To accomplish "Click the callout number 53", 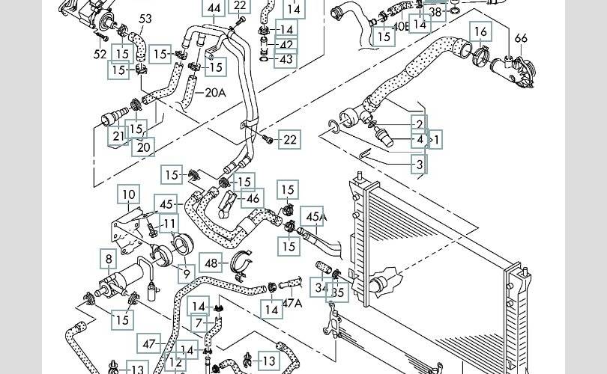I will pos(145,19).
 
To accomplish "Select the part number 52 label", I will pos(100,54).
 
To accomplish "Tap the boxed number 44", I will pos(214,9).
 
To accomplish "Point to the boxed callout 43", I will pos(286,59).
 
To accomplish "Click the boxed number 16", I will pos(481,31).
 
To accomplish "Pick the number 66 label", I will pos(521,39).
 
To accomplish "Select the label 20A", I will pos(215,93).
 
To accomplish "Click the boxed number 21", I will pos(118,136).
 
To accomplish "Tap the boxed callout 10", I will pos(129,196).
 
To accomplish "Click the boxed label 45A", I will pos(314,218).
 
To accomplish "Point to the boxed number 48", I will pos(213,263).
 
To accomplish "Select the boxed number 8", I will pos(109,260).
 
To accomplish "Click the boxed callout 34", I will pos(321,286).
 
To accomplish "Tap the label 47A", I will pos(292,303).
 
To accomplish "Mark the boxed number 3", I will pos(420,164).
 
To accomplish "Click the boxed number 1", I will pos(436,138).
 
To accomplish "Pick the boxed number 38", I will pos(435,13).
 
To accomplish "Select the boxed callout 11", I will pos(170,224).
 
